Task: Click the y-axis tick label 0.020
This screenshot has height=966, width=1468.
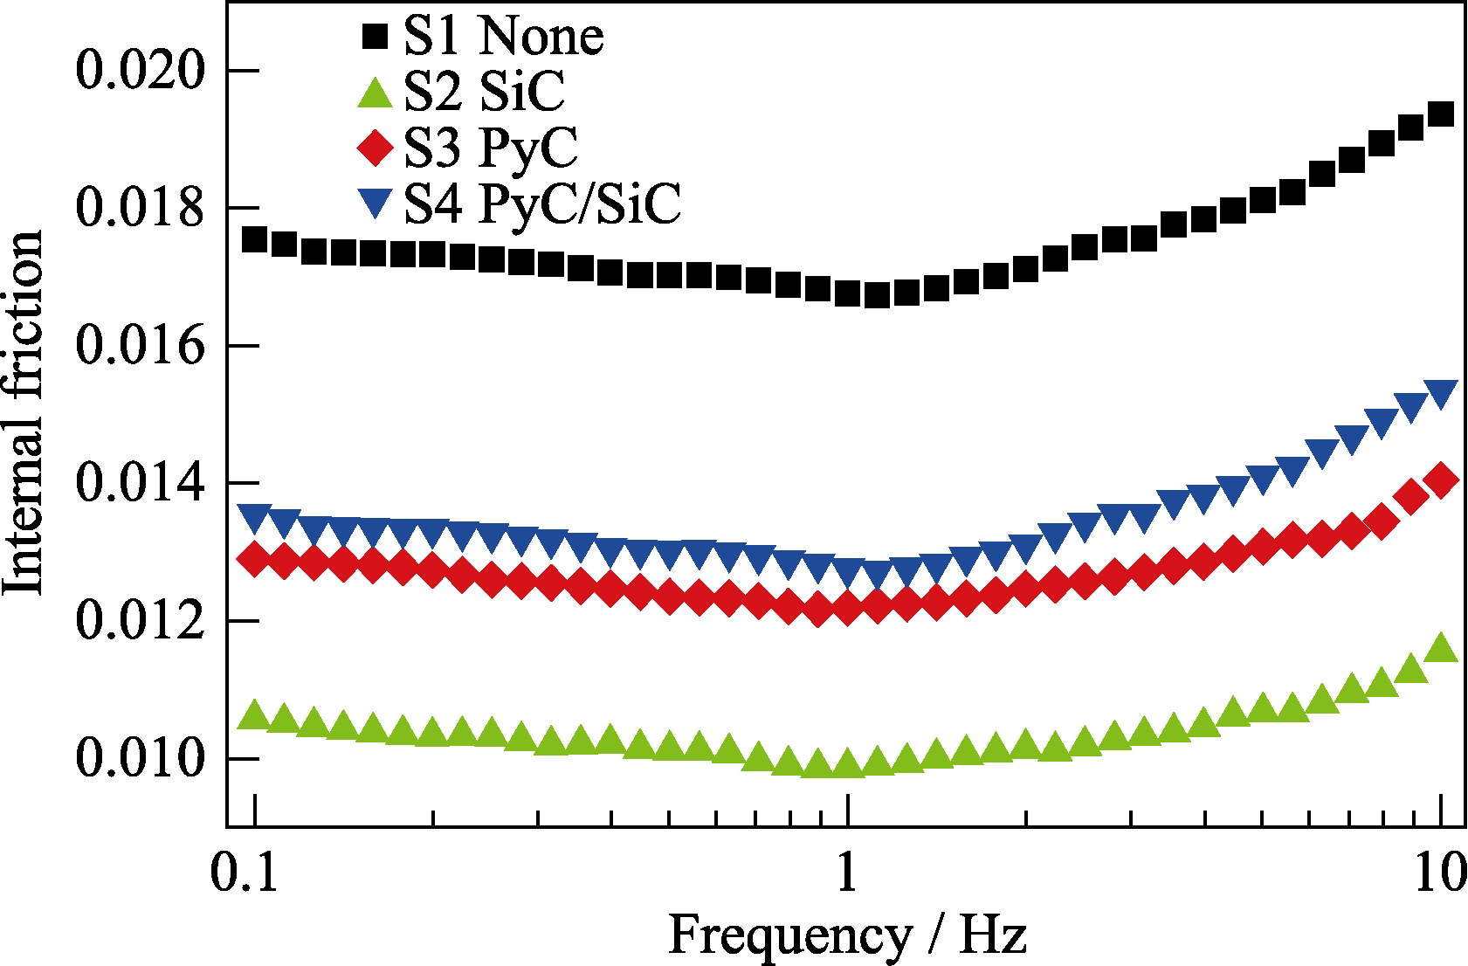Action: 140,70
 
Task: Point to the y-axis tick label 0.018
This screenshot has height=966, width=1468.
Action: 140,208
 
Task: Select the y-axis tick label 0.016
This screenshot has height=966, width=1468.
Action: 140,346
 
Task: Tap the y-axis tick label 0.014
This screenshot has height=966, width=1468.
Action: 140,483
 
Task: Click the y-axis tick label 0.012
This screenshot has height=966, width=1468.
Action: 140,621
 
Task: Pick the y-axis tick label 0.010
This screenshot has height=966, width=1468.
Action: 140,758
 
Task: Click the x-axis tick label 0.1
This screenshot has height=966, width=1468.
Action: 245,873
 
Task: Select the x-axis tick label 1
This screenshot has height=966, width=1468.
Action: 846,873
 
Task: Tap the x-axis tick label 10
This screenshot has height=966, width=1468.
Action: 1439,873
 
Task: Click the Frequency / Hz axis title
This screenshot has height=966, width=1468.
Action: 846,935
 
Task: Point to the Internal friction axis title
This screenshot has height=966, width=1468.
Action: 24,412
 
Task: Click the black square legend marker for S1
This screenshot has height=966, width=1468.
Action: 375,37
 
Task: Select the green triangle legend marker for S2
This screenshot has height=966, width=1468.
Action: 375,93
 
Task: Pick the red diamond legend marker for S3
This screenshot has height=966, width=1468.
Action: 375,148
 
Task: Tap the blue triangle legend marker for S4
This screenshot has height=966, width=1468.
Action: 375,204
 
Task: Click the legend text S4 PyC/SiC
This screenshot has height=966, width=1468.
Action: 541,204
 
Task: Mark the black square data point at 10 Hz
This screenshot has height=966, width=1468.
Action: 1441,114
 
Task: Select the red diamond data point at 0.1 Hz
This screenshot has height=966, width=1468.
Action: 254,558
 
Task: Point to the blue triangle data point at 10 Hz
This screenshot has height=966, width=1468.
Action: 1441,393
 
